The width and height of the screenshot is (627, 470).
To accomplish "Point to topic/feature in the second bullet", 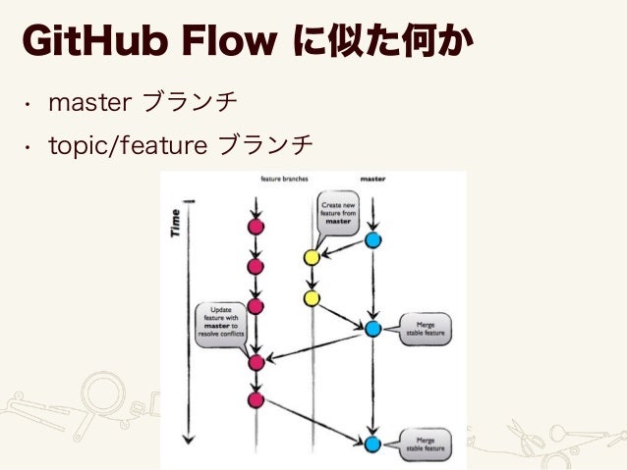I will pos(129,146).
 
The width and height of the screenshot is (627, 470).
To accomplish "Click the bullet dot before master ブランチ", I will pos(30,102).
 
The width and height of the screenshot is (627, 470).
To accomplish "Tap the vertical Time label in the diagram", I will pos(177,224).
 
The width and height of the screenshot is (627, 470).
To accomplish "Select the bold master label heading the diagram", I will pos(372,180).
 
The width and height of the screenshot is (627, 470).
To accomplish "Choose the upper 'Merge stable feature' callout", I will pos(426,328).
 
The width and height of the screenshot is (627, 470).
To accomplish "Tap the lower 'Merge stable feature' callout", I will pos(426,444).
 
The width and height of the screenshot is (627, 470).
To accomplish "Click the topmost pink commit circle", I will pos(256,228).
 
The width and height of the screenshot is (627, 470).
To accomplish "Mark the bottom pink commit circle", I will pos(256,399).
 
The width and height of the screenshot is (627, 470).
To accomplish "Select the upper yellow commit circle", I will pos(312,257).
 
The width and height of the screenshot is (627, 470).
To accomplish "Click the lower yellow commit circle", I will pos(312,297).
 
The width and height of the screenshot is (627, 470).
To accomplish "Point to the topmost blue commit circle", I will pos(372,240).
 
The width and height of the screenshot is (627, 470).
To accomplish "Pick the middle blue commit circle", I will pos(372,329).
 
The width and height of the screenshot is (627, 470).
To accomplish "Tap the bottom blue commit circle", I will pos(372,444).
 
